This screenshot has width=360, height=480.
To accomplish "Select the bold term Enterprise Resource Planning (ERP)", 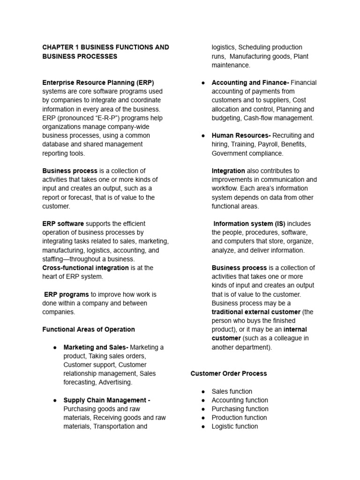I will (x=98, y=82).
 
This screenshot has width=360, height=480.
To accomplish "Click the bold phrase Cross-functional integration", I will (x=85, y=268).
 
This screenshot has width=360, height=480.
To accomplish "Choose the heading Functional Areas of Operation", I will (x=89, y=330).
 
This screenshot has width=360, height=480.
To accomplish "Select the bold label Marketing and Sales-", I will (x=96, y=347).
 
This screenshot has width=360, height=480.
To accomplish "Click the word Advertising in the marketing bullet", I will (x=115, y=382).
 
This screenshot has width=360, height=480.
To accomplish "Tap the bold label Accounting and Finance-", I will (x=250, y=82).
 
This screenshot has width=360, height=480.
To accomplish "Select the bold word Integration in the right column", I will (x=228, y=171).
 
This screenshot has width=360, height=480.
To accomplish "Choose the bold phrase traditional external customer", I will (x=256, y=312).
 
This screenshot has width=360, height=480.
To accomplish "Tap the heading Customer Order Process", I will (x=229, y=374).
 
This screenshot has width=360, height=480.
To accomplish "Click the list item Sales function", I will (x=232, y=391).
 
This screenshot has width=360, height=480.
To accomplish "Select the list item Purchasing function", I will (x=240, y=409).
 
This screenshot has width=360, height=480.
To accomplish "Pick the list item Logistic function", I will (x=234, y=427).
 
